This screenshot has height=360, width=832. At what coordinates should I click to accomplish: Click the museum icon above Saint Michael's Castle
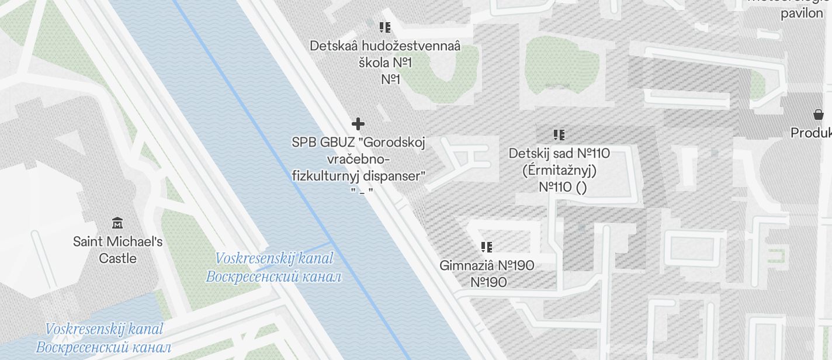117,223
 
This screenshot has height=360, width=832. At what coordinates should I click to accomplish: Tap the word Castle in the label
117,258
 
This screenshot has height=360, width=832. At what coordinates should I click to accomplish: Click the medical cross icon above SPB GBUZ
358,124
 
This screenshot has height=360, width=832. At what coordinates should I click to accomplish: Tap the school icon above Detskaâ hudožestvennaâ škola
384,27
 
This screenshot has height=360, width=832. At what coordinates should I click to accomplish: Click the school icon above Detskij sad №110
559,135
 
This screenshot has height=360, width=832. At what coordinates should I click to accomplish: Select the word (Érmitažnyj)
559,171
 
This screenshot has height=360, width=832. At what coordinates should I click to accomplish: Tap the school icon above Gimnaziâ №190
486,247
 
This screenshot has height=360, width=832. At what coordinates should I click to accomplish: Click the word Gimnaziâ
466,265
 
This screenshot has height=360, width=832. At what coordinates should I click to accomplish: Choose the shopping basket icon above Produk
818,115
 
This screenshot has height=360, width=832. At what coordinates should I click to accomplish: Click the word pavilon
802,13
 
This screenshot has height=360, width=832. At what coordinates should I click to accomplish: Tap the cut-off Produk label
811,133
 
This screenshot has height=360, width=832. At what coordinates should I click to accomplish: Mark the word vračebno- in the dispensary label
358,160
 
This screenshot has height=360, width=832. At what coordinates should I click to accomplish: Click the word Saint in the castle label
88,241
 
